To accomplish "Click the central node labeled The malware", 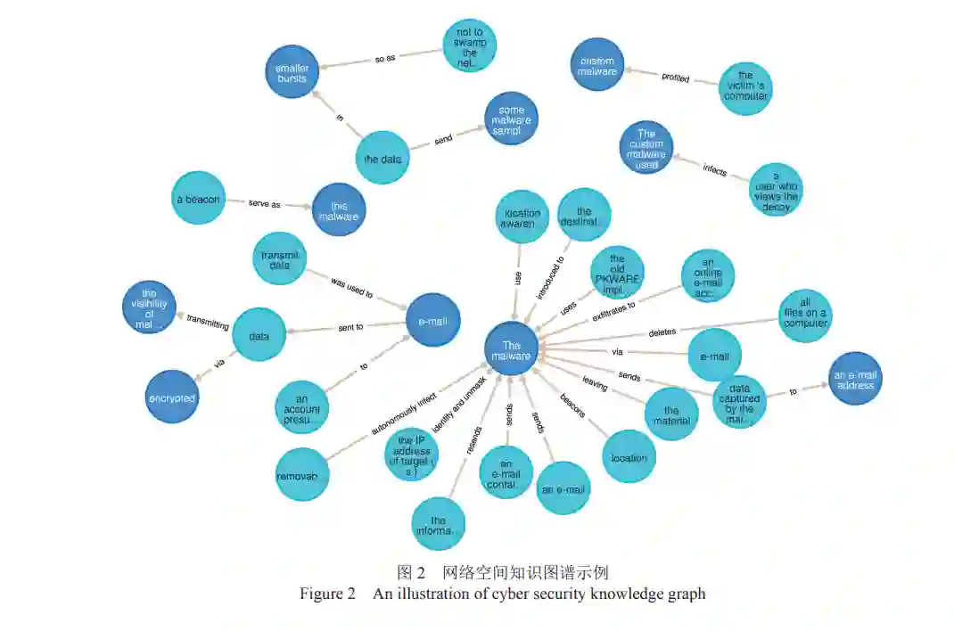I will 511,348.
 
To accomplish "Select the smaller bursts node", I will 292,72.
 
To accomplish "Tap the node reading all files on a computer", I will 804,313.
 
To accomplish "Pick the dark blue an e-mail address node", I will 855,378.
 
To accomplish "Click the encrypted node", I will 172,397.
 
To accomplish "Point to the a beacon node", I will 198,198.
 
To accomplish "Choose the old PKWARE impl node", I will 617,272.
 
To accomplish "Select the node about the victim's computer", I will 745,87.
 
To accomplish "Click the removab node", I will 302,474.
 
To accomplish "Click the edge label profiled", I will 675,78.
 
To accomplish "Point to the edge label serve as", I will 264,204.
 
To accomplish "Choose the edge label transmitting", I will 208,325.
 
